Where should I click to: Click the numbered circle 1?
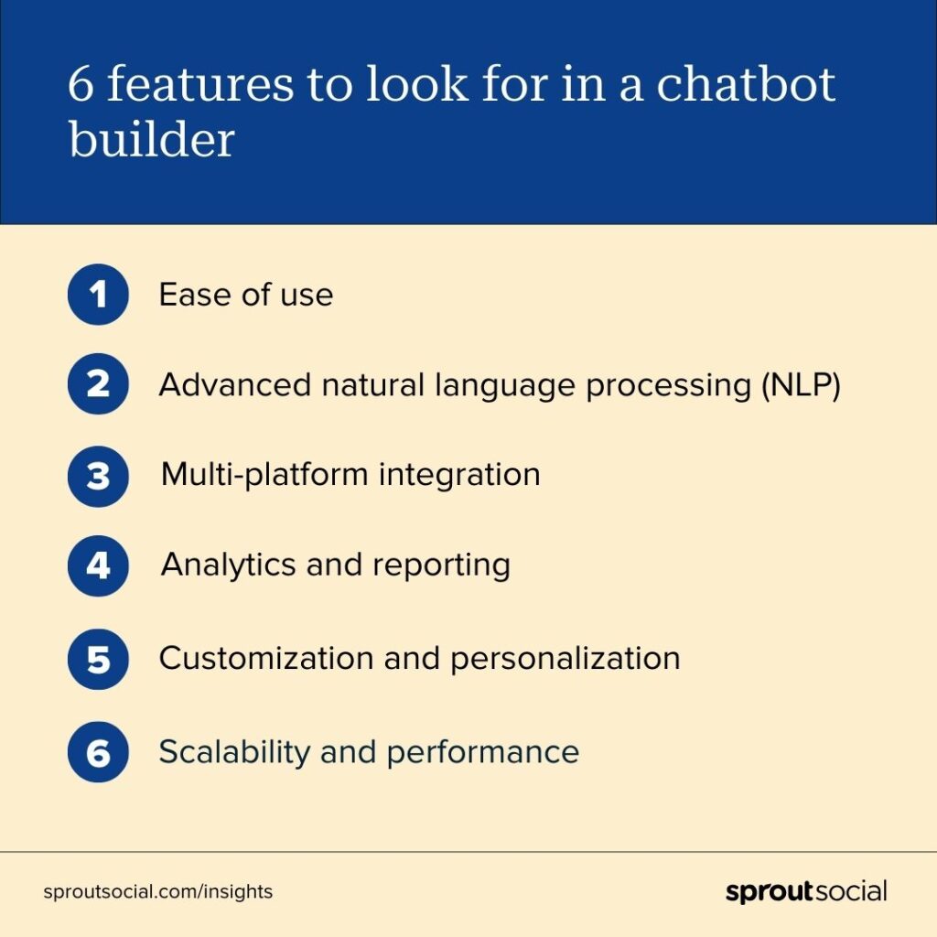(98, 294)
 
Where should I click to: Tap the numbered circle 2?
(98, 383)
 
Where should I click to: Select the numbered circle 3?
(98, 476)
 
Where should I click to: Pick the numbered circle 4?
(98, 565)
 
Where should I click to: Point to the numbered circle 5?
(98, 659)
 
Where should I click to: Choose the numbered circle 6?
(98, 752)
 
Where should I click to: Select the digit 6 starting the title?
(81, 84)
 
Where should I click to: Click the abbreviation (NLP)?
(801, 385)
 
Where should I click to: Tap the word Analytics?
(229, 565)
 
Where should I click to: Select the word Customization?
(266, 658)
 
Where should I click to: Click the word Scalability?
(234, 752)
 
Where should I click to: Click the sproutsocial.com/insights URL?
(157, 891)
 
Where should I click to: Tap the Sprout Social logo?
(806, 891)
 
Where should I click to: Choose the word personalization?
(565, 659)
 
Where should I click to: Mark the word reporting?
(442, 565)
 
